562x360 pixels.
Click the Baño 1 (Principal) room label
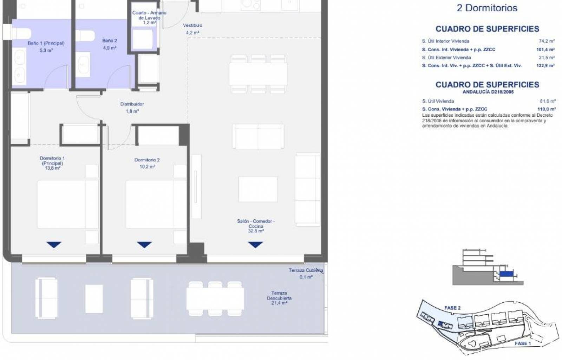coord(46,43)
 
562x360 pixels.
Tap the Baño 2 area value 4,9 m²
coord(110,48)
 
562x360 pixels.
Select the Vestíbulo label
coord(192,25)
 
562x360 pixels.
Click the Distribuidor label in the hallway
coord(132,104)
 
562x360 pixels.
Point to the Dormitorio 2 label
coord(147,160)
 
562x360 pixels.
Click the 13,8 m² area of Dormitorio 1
coord(52,168)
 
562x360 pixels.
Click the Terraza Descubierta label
coord(279,296)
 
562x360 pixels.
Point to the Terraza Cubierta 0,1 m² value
coord(306,277)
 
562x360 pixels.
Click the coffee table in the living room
coord(258,189)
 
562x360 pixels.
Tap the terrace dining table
coord(215,299)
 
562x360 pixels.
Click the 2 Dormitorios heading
coord(487,8)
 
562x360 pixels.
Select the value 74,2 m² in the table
coord(547,41)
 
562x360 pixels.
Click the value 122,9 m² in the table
coord(545,66)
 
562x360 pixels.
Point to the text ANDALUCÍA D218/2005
coord(488,92)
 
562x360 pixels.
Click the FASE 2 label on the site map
coord(452,308)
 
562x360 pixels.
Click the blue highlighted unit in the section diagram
coord(506,274)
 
